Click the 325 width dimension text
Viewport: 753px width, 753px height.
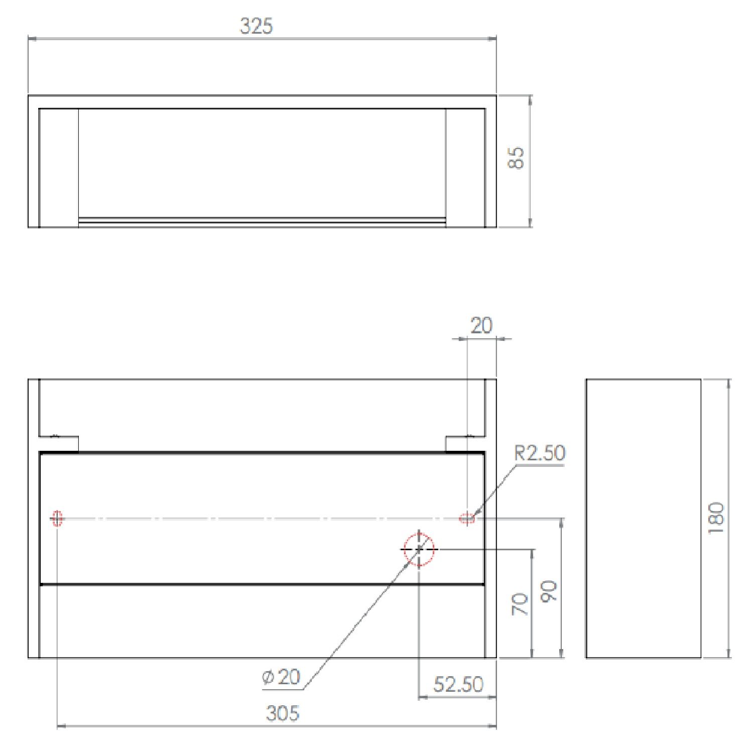point(256,26)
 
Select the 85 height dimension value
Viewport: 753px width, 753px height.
point(517,158)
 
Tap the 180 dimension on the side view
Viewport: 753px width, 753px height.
point(716,518)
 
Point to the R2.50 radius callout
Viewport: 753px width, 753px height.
point(540,453)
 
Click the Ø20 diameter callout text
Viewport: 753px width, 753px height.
point(281,677)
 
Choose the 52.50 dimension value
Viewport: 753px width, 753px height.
point(458,684)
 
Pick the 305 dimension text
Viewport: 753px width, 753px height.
point(282,713)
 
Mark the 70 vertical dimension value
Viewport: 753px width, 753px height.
point(521,604)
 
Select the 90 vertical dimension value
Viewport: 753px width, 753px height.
point(549,591)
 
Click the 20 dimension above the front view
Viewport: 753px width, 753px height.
point(481,326)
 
